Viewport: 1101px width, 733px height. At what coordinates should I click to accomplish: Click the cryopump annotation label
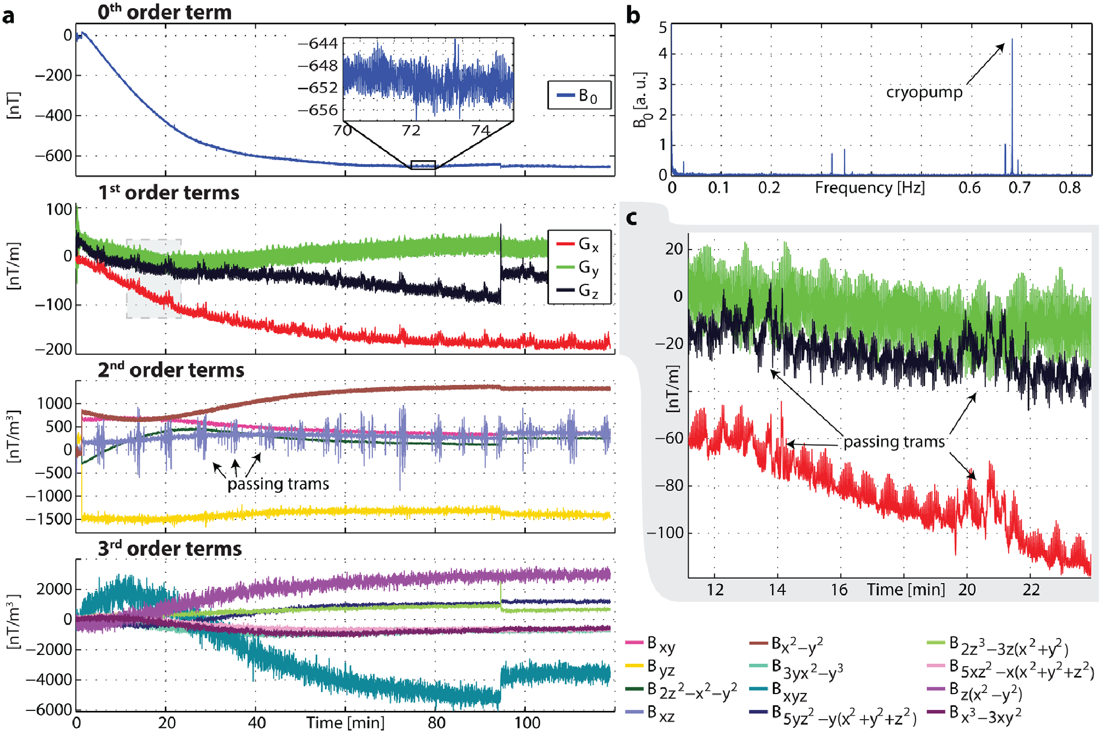[924, 92]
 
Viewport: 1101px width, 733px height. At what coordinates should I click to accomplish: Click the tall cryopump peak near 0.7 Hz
[1012, 103]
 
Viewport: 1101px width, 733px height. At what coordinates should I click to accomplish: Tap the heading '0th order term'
[164, 12]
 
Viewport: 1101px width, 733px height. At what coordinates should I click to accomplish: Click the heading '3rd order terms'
[169, 548]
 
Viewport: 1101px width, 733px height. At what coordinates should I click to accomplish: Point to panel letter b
[633, 15]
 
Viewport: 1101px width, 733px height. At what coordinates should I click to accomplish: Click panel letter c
[632, 218]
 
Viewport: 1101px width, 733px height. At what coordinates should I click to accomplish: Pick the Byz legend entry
[651, 667]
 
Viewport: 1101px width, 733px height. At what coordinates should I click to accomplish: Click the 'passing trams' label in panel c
[894, 441]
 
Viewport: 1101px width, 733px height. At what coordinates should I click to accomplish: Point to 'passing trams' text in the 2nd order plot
[278, 484]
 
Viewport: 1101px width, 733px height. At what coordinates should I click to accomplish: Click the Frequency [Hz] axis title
[869, 188]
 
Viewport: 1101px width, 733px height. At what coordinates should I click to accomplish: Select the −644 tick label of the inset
[318, 44]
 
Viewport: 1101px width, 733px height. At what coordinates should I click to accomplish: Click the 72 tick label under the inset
[411, 130]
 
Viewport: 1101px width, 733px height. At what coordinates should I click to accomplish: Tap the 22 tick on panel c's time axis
[1031, 590]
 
